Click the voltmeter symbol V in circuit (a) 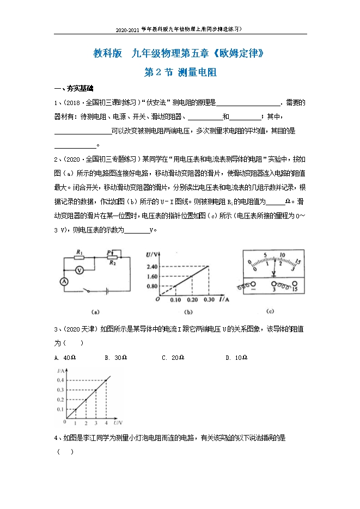coord(80,270)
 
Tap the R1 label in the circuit coord(80,252)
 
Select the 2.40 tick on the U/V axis coord(152,266)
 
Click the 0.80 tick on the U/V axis coord(152,286)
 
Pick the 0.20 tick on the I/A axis coord(192,300)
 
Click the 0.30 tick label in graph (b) coord(209,300)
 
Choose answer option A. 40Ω coord(65,358)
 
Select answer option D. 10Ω coord(236,358)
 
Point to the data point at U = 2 coord(85,400)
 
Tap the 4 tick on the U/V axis coord(106,423)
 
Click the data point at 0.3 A coord(95,390)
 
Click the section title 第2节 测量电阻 coord(180,72)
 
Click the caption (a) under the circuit coord(95,312)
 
